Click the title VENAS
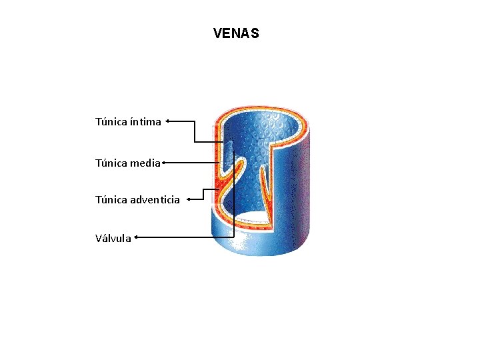(236, 33)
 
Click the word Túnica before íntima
(109, 122)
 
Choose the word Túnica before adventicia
(109, 199)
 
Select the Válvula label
(113, 237)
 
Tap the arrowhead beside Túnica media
(163, 161)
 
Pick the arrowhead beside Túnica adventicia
(189, 199)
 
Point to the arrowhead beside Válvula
(136, 236)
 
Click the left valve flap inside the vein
(231, 180)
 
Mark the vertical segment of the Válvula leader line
(234, 200)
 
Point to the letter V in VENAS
(217, 33)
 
